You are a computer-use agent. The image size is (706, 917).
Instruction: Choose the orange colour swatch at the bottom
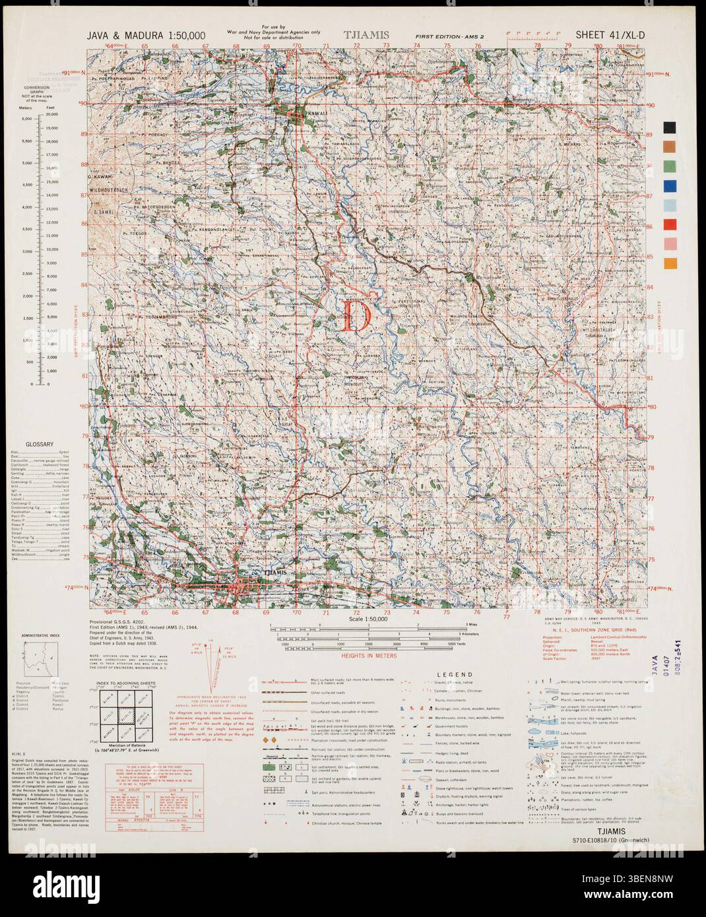[670, 263]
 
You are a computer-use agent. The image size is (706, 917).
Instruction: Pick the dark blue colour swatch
[670, 185]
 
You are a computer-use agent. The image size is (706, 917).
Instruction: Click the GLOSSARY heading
[40, 445]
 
